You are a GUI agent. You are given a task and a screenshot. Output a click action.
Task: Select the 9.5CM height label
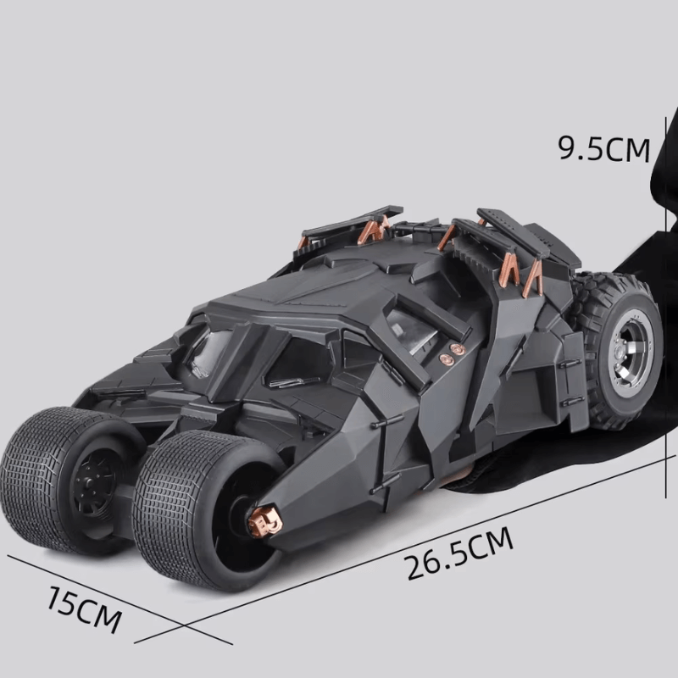point(603,148)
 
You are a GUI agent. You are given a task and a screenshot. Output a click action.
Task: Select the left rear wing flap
point(352,219)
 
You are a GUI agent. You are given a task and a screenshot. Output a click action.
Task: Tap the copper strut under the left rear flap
point(370,231)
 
